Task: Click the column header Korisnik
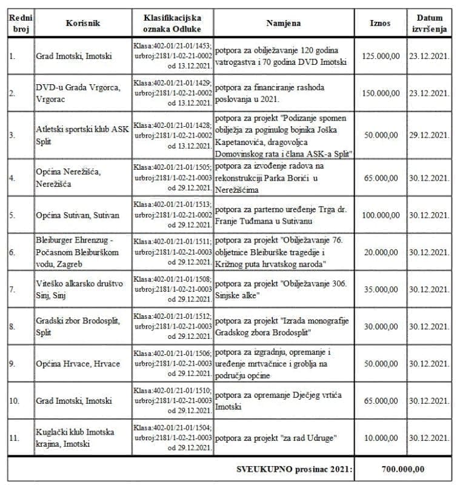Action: [82, 24]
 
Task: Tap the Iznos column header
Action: [380, 24]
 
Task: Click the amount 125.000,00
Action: [380, 56]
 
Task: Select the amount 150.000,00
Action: [380, 93]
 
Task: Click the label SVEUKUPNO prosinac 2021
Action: [293, 469]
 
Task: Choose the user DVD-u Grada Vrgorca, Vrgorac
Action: [78, 93]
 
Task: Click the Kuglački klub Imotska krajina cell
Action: [75, 437]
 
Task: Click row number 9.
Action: [12, 363]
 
